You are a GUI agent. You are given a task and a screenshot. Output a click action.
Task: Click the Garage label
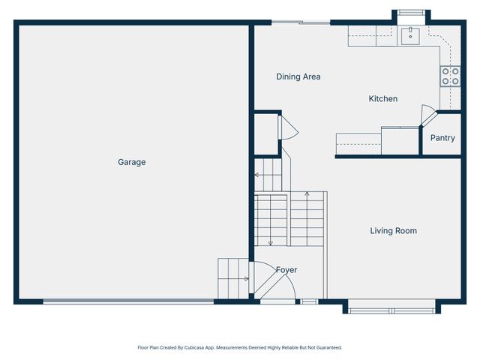[x=131, y=162]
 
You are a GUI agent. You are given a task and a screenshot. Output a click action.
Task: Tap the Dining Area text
[x=298, y=76]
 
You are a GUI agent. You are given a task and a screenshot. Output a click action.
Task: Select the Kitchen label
[x=382, y=99]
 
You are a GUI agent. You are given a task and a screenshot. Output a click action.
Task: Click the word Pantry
[x=442, y=138]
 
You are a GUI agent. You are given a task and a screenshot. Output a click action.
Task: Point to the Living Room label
[x=393, y=231]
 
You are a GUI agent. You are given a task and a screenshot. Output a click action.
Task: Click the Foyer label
[x=286, y=270]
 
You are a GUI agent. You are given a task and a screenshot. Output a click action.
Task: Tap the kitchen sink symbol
[x=411, y=34]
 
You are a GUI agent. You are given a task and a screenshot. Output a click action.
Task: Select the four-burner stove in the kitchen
[x=450, y=76]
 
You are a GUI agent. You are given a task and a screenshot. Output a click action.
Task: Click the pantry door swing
[x=427, y=117]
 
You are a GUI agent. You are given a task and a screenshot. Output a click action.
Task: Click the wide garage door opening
[x=128, y=301]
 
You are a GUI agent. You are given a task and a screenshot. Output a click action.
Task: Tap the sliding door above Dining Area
[x=301, y=22]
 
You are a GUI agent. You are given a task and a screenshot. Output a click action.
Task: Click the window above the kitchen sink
[x=411, y=12]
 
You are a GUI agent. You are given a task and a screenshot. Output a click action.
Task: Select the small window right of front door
[x=309, y=301]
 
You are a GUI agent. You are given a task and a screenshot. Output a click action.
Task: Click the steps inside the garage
[x=232, y=278]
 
